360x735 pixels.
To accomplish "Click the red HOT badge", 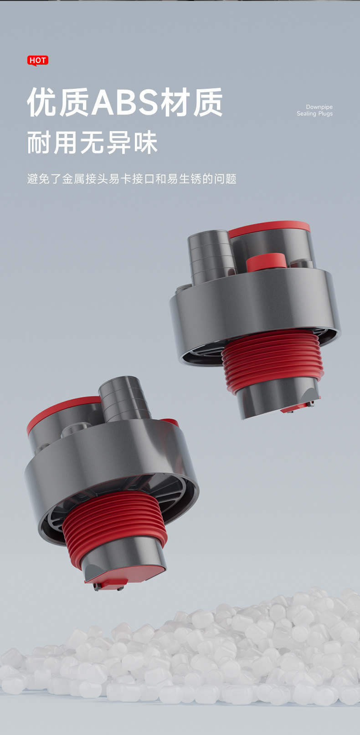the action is coord(38,61).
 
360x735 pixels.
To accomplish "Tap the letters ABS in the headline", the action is coord(125,102).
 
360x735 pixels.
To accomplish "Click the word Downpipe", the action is coord(319,107).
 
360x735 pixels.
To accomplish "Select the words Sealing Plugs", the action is coord(315,114).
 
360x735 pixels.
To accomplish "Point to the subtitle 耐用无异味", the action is coord(93,143).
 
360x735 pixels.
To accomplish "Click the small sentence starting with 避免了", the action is coord(132,179).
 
